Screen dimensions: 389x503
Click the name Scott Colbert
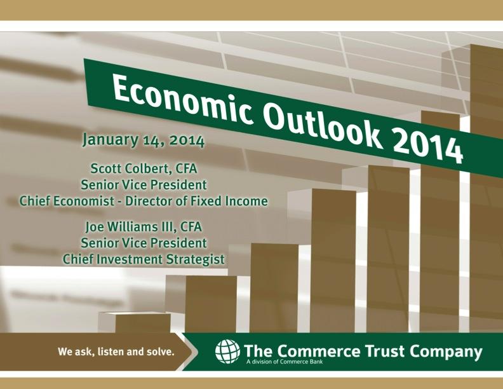click(x=130, y=168)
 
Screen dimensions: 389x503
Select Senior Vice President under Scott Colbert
click(x=144, y=185)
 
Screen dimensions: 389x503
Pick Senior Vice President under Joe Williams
click(x=144, y=243)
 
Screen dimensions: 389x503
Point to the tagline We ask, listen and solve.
click(x=116, y=351)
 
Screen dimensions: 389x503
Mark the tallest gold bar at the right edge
click(x=486, y=191)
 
